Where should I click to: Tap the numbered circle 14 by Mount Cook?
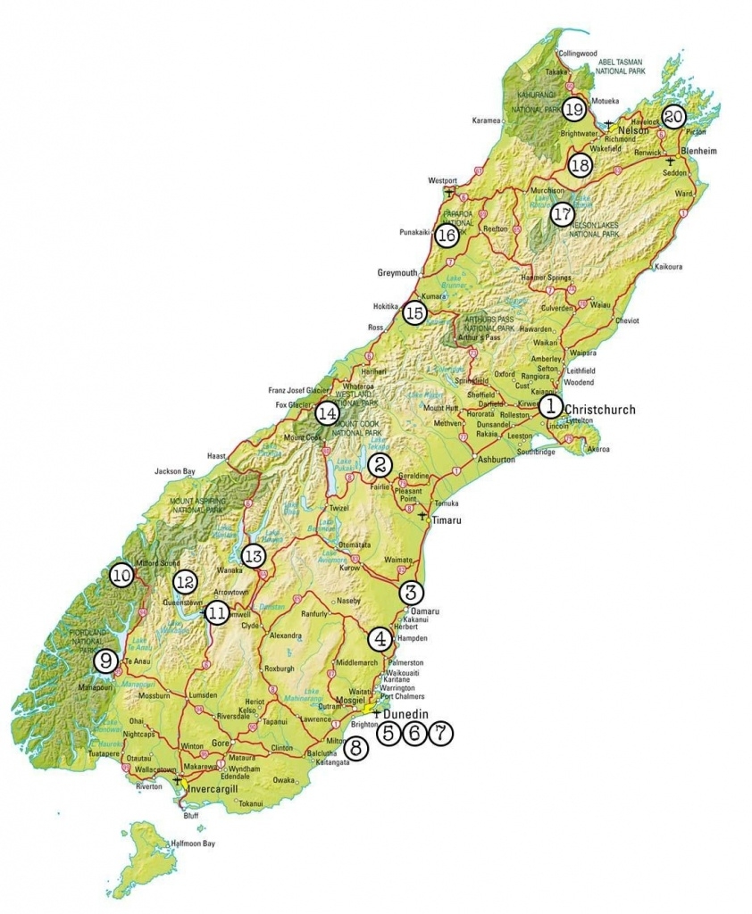coord(327,413)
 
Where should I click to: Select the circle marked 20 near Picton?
coord(673,116)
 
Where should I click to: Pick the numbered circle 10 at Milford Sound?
coord(121,576)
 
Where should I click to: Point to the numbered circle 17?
coord(561,214)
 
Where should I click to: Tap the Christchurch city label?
coord(600,410)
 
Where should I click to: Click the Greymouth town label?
coord(397,272)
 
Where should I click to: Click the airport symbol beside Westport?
coord(449,193)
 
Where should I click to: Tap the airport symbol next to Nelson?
coord(608,123)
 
